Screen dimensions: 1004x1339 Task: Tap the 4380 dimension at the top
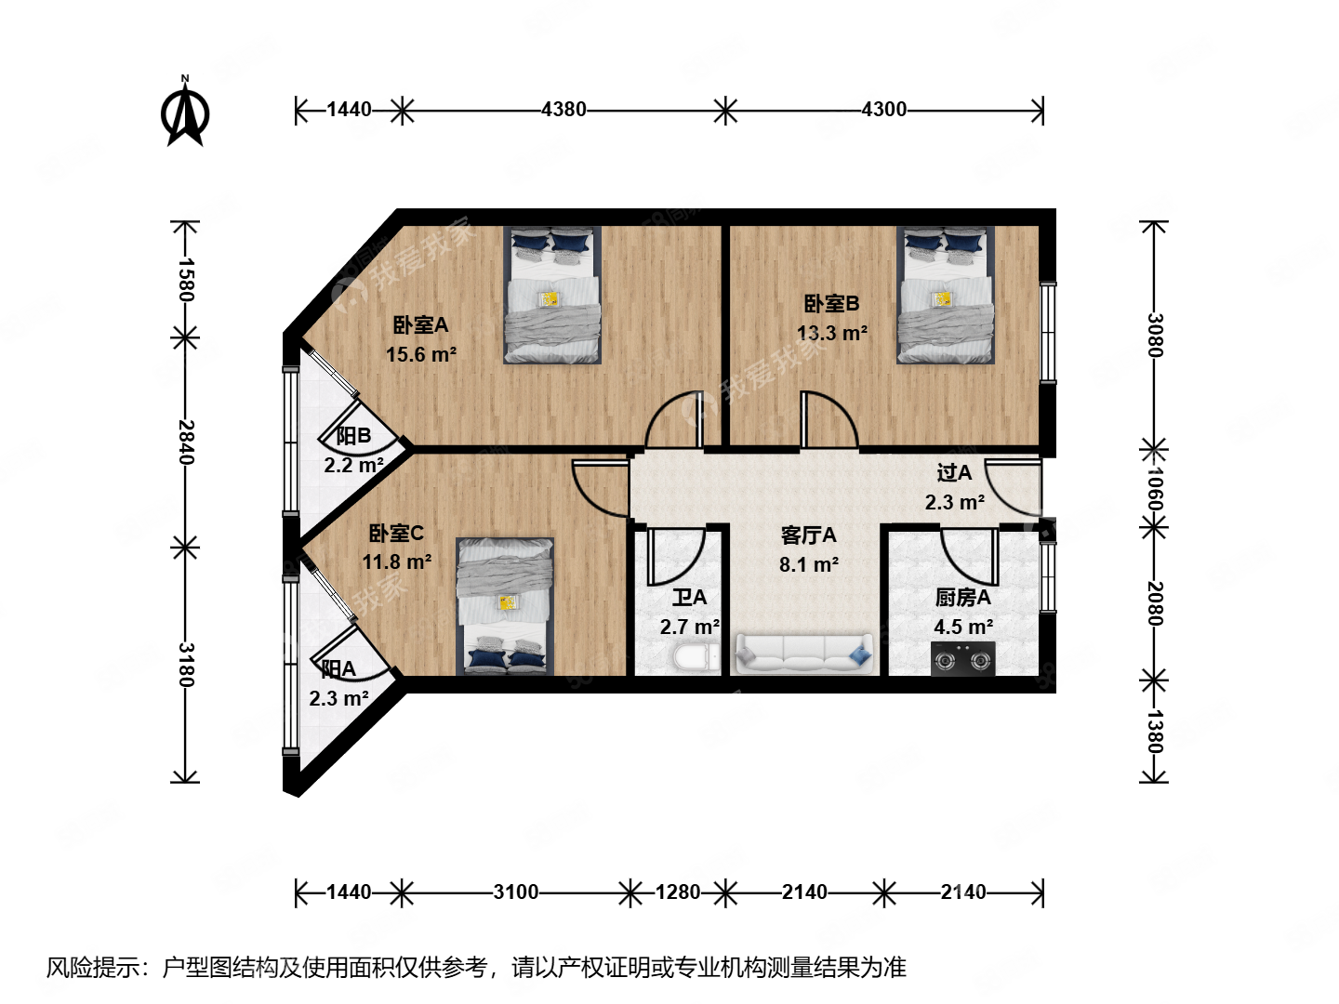(563, 110)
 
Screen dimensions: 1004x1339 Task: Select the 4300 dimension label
(883, 110)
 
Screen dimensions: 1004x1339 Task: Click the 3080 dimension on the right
(1154, 335)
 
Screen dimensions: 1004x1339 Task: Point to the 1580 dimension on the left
(185, 280)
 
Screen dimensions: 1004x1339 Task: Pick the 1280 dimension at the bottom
(677, 892)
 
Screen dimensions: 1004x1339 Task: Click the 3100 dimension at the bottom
(515, 892)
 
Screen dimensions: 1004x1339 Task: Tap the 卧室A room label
(420, 325)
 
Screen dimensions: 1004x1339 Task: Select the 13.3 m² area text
(832, 333)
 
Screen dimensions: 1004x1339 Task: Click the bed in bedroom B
(944, 296)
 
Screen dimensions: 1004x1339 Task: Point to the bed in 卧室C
(505, 606)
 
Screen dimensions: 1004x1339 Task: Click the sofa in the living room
(804, 654)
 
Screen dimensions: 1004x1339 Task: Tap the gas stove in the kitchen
(963, 660)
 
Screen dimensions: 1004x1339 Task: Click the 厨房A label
(962, 598)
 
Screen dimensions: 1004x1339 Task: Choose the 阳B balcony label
(353, 436)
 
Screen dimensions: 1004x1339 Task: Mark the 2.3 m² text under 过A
(955, 503)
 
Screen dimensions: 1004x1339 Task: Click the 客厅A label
(808, 535)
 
